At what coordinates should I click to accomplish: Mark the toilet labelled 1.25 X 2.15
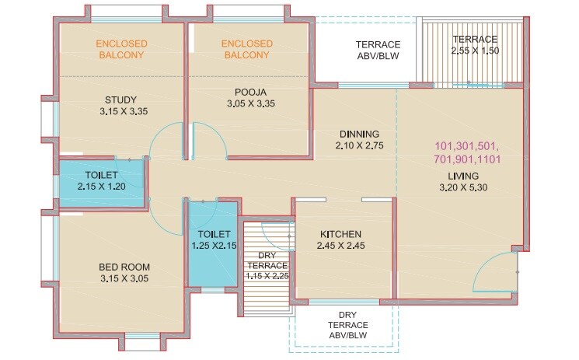pos(212,239)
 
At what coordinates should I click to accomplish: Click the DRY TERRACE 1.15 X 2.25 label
pos(267,264)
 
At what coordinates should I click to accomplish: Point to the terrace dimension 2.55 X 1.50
pos(475,51)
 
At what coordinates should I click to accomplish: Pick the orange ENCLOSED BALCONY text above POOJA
pos(247,49)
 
